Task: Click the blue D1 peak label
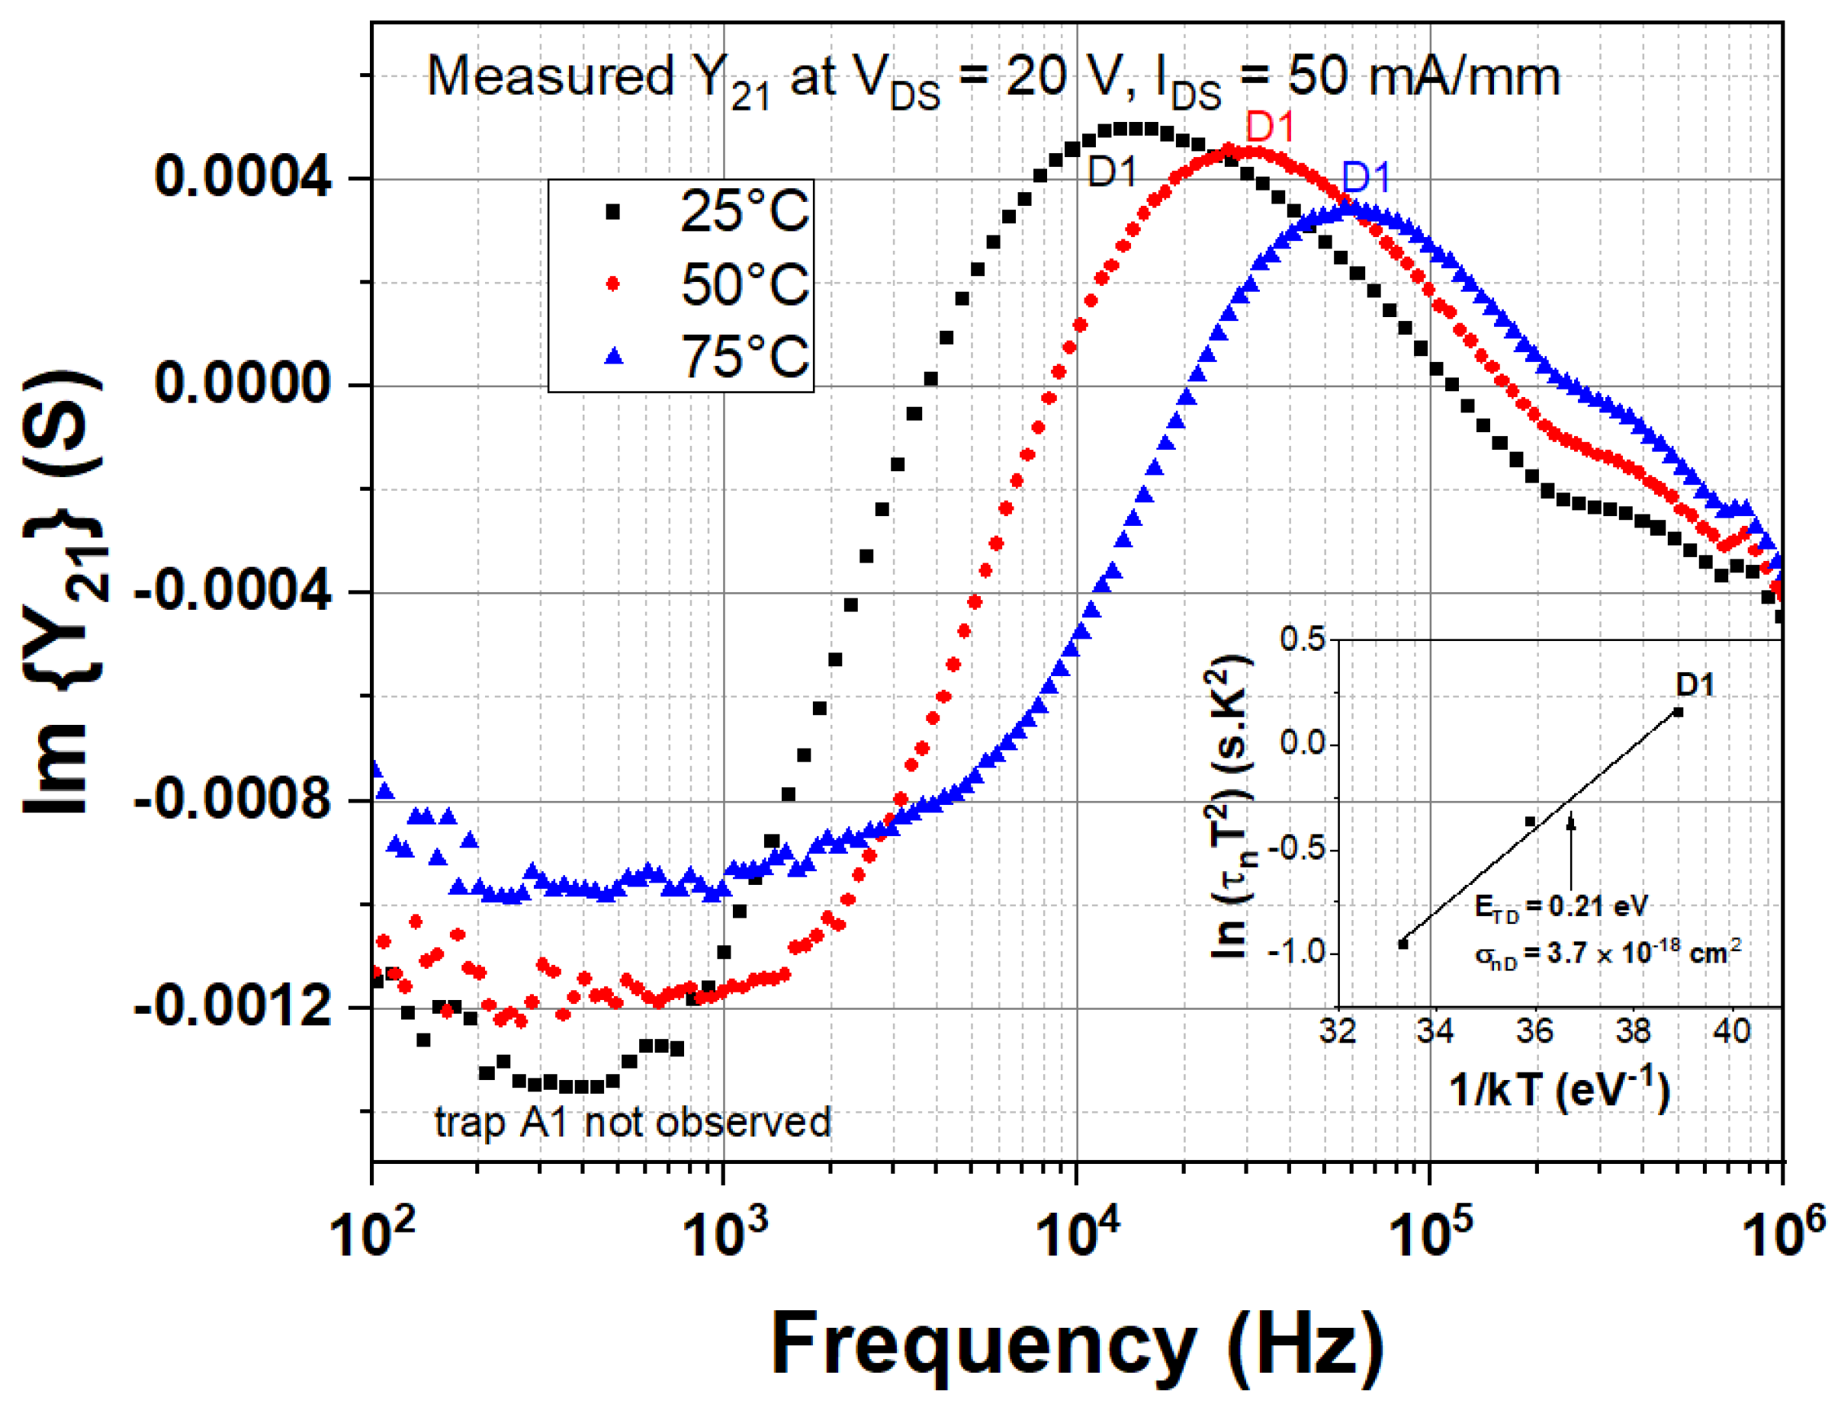[x=1365, y=177]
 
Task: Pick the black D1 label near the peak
[x=1112, y=172]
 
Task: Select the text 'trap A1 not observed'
[x=632, y=1121]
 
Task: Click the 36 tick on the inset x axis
[x=1534, y=1031]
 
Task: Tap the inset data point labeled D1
[x=1677, y=712]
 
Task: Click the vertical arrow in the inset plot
[x=1570, y=852]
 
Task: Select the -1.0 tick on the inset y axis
[x=1296, y=952]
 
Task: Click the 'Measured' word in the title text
[x=550, y=77]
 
